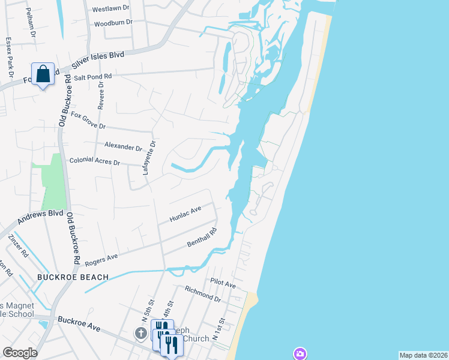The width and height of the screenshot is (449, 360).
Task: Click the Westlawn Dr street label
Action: point(111,10)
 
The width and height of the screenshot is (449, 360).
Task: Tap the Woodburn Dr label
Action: point(113,23)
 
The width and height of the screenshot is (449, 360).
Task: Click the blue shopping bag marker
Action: point(43,74)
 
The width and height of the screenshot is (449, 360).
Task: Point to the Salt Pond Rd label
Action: point(90,77)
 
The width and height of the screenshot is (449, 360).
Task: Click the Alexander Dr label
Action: point(122,146)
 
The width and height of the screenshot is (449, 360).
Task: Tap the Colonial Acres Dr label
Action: point(95,161)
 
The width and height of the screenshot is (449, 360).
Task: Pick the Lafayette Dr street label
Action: point(149,157)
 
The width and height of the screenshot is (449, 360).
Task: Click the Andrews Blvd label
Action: point(40,217)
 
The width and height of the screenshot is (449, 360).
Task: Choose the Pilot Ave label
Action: point(223,281)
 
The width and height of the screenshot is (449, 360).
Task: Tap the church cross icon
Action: point(141,333)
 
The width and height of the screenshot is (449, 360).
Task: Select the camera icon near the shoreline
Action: point(300,353)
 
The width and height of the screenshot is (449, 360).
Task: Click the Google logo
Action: point(20,353)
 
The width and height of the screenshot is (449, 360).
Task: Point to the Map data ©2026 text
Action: point(423,355)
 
